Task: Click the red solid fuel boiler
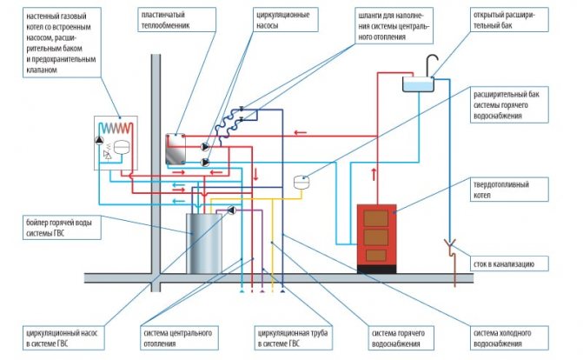coord(377,236)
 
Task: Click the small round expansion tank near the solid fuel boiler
coord(303,183)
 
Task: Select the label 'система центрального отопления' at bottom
coord(176,337)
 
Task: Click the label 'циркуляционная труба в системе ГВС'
coord(290,337)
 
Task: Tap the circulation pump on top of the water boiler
coord(233,210)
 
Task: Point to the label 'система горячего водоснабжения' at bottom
coord(398,337)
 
